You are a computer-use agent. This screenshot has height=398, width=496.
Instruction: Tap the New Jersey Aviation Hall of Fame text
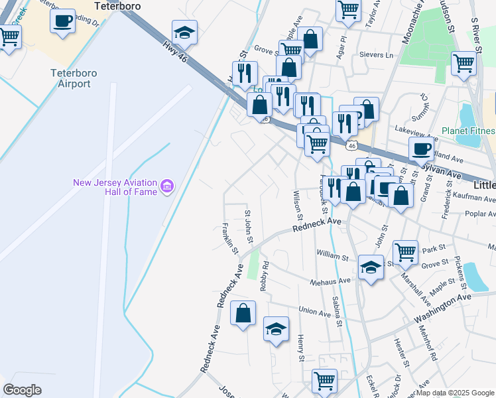[115, 187]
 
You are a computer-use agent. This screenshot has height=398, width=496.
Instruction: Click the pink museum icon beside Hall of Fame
[166, 184]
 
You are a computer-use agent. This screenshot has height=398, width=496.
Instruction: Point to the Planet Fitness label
[469, 131]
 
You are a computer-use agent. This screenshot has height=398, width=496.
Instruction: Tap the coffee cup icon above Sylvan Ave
[421, 149]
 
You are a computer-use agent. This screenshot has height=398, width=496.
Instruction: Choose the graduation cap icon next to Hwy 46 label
[184, 32]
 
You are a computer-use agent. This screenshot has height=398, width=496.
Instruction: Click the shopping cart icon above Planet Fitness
[464, 63]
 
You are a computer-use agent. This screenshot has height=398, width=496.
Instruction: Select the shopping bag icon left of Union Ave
[243, 312]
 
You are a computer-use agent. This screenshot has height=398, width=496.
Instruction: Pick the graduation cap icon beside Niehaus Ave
[371, 267]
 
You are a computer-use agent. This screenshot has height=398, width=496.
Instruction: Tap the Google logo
[23, 390]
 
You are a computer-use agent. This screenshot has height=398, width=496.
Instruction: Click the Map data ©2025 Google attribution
[456, 393]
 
